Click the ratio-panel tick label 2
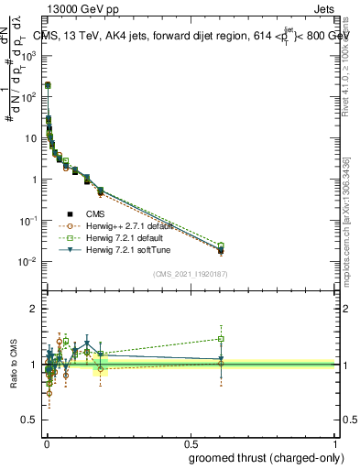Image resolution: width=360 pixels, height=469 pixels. click(34, 309)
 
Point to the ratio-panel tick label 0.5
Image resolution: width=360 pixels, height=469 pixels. click(30, 420)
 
